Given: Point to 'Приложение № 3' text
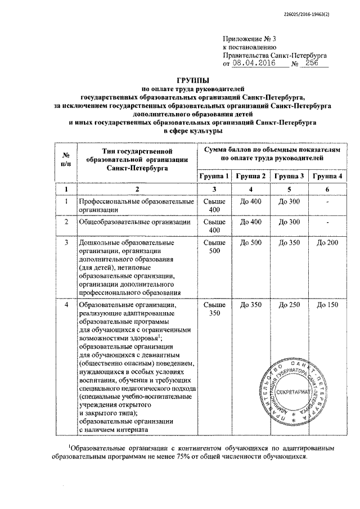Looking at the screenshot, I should pyautogui.click(x=250, y=39).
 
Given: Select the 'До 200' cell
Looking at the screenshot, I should pyautogui.click(x=327, y=242).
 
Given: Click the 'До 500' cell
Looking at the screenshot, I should pyautogui.click(x=251, y=242).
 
